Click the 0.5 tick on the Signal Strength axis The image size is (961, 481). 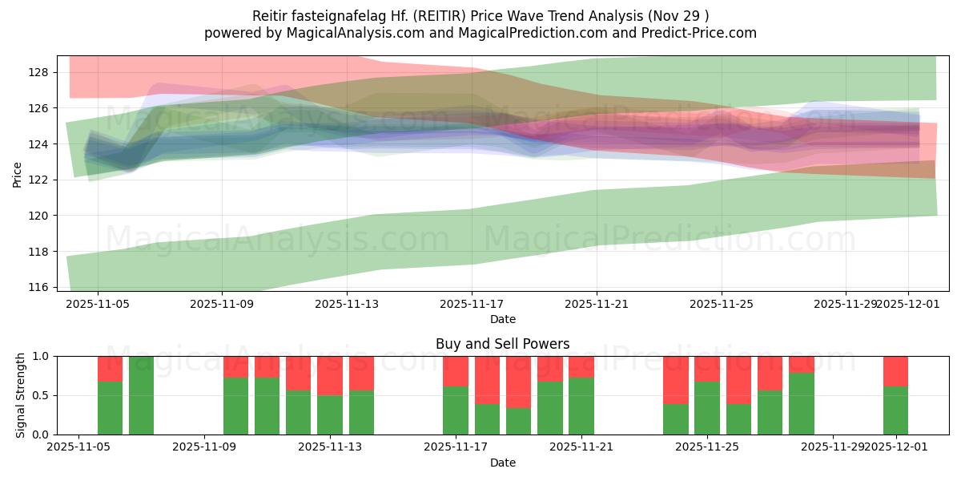[38, 395]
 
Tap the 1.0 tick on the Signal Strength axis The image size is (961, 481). [38, 356]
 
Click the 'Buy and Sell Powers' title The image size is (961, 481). [502, 344]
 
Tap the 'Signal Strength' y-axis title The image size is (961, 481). [21, 395]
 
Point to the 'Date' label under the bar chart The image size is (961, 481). [502, 463]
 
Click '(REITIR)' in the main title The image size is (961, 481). [439, 16]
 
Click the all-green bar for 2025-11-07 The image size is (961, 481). [142, 395]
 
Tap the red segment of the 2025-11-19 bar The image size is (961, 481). [518, 382]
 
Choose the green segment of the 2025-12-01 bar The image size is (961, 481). [895, 410]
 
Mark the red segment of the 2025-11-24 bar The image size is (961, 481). [676, 379]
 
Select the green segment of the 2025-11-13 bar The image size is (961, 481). [330, 414]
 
